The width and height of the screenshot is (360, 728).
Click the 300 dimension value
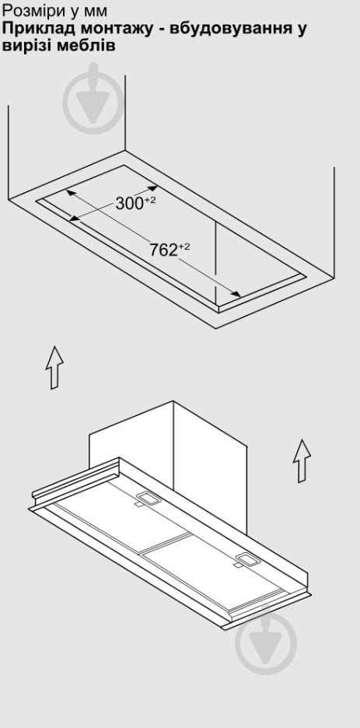click(x=129, y=203)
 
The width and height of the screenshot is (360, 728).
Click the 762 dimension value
click(x=164, y=250)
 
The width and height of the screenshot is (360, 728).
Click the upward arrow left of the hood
click(x=54, y=367)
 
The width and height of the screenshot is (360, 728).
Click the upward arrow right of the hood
click(x=302, y=460)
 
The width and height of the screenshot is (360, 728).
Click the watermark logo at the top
click(x=94, y=100)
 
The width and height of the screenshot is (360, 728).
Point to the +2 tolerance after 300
click(x=150, y=200)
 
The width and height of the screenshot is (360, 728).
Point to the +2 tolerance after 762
click(x=184, y=247)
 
